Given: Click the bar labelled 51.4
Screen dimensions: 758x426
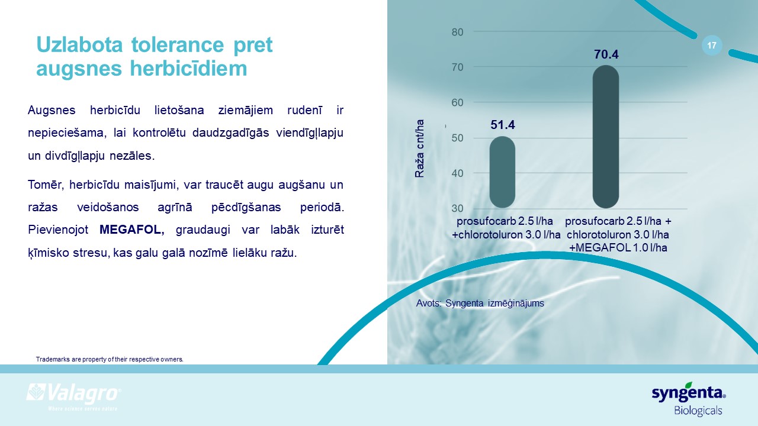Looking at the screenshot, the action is point(503,172).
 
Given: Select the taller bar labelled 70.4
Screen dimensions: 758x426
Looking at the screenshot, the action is point(606,137).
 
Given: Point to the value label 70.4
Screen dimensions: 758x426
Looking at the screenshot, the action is point(606,54).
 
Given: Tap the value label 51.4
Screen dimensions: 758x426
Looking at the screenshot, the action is point(503,125).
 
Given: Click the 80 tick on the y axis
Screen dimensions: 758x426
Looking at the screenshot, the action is point(457,32).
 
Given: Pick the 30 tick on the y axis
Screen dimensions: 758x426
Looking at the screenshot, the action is point(457,208).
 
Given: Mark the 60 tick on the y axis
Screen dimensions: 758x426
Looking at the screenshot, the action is point(457,102).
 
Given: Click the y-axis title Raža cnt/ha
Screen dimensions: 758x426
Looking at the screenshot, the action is point(420,149).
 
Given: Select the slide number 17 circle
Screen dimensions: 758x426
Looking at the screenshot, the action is point(712,46).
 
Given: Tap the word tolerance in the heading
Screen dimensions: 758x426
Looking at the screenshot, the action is point(178,44).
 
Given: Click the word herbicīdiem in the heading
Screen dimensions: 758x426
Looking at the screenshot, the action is point(188,68).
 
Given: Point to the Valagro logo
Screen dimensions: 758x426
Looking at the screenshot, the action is point(74,396).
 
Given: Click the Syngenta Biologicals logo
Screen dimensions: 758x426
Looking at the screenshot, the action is point(689,399).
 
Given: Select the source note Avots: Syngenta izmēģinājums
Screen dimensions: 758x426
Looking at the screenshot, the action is point(480,304).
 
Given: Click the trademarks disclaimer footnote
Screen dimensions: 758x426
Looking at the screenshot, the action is point(110,359).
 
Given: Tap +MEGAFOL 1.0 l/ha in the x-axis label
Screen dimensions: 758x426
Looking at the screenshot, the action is point(618,248).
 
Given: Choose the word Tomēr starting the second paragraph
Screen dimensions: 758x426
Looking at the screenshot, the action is point(46,185).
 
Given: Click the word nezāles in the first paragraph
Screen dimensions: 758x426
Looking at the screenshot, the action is point(132,156).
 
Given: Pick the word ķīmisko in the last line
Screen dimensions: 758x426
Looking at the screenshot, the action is point(49,253).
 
